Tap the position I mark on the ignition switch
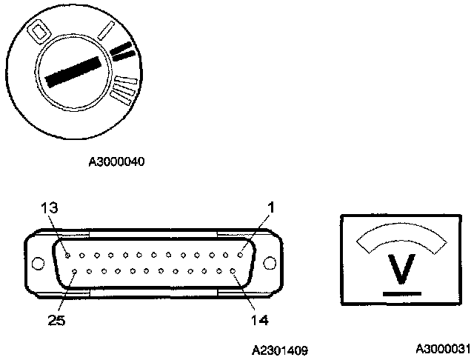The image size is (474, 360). (x=105, y=30)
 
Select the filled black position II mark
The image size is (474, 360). (x=124, y=51)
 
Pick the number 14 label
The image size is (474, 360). (x=259, y=320)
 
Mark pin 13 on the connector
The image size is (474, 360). (x=67, y=255)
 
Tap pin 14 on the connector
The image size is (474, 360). (x=233, y=271)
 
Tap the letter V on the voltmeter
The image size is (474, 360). (x=402, y=272)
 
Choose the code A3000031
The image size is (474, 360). (x=442, y=348)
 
